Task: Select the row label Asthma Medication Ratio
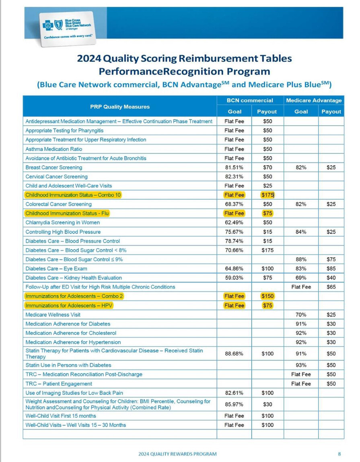point(53,149)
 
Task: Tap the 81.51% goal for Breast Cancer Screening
point(234,167)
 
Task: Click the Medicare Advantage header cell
point(314,101)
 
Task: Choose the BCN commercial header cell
point(250,101)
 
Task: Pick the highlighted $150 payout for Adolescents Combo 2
point(267,296)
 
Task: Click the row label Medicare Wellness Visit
point(53,315)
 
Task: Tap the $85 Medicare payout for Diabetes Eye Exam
point(331,268)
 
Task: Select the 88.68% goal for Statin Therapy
point(234,354)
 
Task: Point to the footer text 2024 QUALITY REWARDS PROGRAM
point(177,454)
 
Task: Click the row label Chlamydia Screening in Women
point(62,223)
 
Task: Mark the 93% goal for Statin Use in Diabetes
point(301,365)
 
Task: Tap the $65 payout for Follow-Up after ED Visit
point(331,287)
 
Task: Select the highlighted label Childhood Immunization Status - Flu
point(67,213)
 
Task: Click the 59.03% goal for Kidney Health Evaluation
point(234,278)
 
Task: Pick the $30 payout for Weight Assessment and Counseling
point(267,404)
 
